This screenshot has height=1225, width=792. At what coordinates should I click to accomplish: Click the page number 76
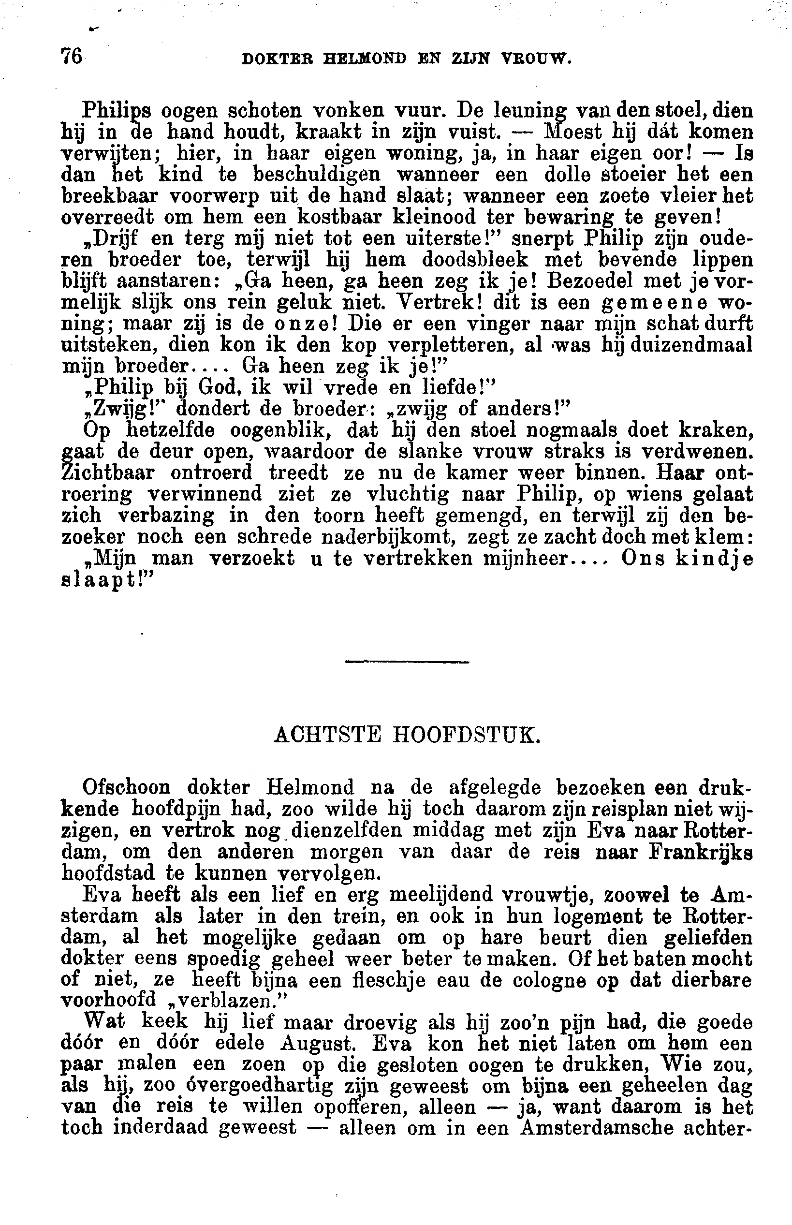tap(72, 56)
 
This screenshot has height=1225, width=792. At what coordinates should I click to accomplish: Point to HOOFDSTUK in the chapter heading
tap(467, 737)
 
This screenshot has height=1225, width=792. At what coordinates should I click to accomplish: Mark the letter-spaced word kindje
tap(714, 559)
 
